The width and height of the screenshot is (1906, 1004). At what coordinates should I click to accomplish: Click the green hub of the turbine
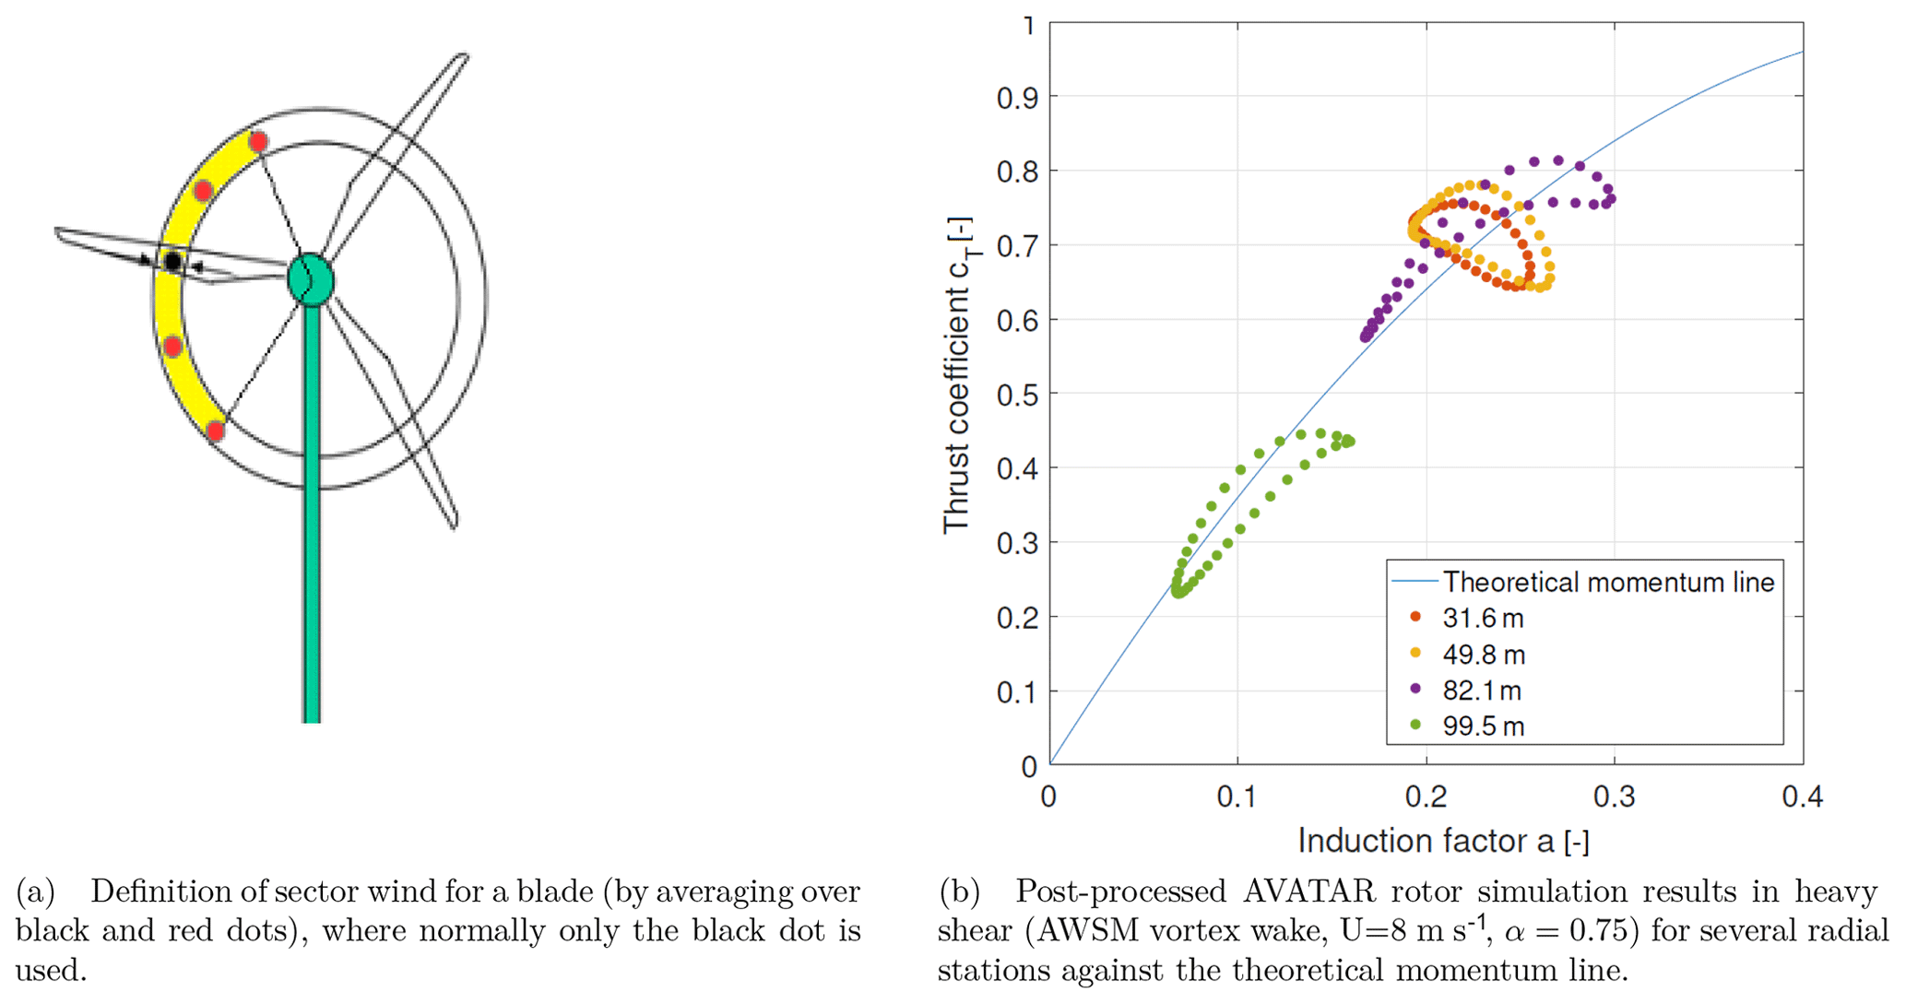pos(310,279)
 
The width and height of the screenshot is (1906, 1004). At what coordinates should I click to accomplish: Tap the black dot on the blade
pos(172,262)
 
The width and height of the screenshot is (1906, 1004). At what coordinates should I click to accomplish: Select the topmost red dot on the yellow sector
pos(258,142)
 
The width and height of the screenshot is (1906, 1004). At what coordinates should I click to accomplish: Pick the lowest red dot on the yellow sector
pos(216,431)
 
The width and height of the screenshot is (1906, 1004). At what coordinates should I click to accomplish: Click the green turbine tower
pos(312,516)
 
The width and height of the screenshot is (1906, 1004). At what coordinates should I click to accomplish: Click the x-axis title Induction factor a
pos(1443,841)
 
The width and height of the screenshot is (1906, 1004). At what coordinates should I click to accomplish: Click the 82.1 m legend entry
pos(1482,691)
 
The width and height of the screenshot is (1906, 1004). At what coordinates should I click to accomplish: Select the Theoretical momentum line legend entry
pos(1608,582)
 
